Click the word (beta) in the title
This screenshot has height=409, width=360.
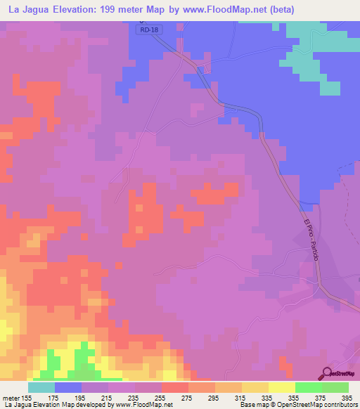(x=278, y=9)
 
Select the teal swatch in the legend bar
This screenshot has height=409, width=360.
(x=41, y=387)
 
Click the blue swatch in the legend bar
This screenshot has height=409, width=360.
(x=67, y=387)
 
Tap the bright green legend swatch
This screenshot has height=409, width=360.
(x=308, y=387)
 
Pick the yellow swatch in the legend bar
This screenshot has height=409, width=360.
(x=281, y=387)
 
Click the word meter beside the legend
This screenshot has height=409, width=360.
(x=11, y=397)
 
